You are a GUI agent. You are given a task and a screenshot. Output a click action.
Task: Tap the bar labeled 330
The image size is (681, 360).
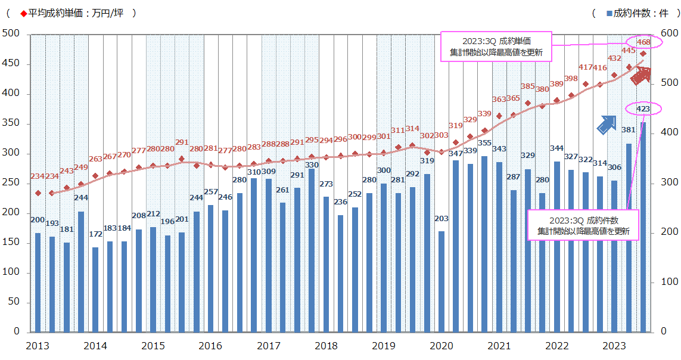point(312,250)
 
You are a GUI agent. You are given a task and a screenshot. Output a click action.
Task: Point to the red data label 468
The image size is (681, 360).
point(643,42)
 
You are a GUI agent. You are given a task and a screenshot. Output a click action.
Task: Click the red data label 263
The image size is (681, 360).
point(95,159)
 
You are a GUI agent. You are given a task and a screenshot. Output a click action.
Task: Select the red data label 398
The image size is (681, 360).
point(571,79)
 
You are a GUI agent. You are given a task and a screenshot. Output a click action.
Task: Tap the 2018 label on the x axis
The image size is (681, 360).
point(326,346)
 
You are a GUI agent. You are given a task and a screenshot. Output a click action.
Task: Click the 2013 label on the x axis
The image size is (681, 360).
point(38,346)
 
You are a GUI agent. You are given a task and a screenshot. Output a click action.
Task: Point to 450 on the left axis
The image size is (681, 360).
point(12,64)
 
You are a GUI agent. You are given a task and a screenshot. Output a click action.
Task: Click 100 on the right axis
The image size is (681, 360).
point(668,282)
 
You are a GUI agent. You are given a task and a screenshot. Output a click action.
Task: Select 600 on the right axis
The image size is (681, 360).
point(668,34)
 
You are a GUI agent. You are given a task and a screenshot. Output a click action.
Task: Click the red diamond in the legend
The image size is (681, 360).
point(23,13)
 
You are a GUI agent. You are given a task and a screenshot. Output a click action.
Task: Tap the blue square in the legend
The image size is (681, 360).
point(609,13)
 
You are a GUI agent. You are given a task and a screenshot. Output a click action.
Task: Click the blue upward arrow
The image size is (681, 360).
point(607,124)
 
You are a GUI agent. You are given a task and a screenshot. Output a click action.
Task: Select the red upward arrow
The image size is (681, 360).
point(641,76)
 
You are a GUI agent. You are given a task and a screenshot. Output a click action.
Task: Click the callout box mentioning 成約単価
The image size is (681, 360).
point(496,46)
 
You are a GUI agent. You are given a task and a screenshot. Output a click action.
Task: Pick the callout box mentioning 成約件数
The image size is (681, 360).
point(583,225)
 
